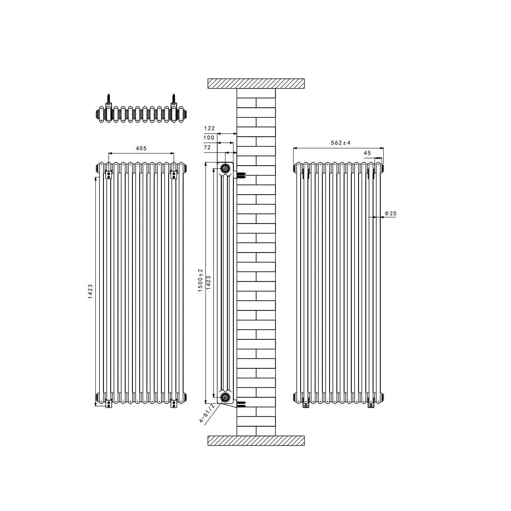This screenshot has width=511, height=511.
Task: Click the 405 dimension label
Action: click(x=141, y=148)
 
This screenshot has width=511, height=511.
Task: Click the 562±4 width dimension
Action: click(x=341, y=143)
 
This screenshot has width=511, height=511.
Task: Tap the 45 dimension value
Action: click(x=367, y=153)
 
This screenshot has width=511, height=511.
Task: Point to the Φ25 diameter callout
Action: click(x=390, y=212)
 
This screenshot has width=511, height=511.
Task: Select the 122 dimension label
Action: click(x=210, y=128)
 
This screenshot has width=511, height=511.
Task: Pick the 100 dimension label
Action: click(x=210, y=138)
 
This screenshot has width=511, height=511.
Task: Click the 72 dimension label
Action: click(x=208, y=147)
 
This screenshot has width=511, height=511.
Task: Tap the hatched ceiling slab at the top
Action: click(x=256, y=83)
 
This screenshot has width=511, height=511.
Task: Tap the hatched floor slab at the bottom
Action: click(x=256, y=441)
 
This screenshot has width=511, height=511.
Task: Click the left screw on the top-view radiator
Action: click(x=109, y=99)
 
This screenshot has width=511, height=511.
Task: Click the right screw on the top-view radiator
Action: click(x=174, y=99)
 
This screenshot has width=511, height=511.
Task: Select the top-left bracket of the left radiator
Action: click(x=109, y=174)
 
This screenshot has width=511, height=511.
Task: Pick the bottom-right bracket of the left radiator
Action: click(x=174, y=402)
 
